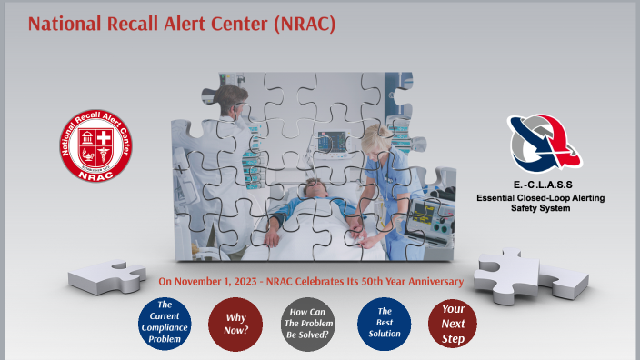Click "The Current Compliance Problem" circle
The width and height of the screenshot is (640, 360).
(165, 323)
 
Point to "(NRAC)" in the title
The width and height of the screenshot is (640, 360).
(303, 24)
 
